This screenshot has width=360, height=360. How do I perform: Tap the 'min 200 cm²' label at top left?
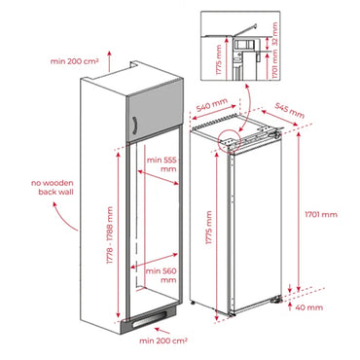[x=75, y=60]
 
